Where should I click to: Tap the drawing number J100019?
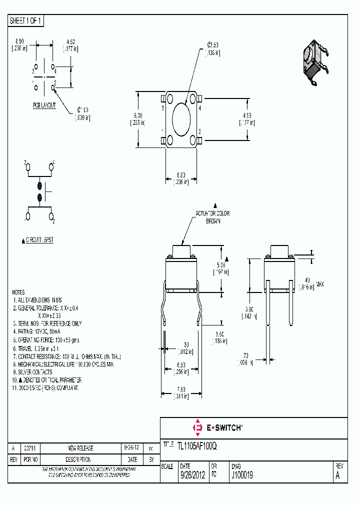coord(242,476)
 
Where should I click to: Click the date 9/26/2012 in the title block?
coord(192,476)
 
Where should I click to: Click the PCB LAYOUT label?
coord(44,105)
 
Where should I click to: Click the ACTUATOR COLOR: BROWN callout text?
coord(213,216)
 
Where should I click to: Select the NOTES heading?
coord(18,292)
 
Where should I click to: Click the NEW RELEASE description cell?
coord(80,448)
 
